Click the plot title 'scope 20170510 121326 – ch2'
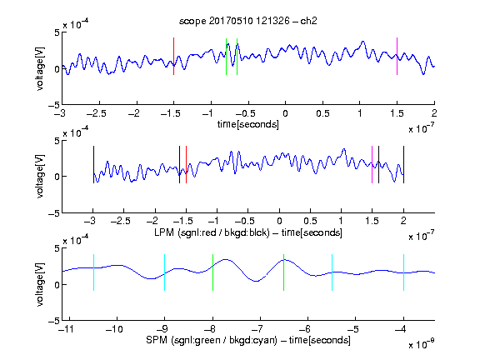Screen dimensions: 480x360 pos(248,21)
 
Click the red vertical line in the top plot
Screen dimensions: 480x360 pos(173,57)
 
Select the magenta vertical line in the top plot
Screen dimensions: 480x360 pos(397,57)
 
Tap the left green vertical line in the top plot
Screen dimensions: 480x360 pos(226,57)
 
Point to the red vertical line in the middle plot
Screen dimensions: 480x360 pos(186,165)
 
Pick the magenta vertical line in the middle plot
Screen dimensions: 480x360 pos(372,165)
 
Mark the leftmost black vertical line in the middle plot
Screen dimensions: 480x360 pos(93,165)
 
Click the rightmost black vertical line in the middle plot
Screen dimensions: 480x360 pos(403,165)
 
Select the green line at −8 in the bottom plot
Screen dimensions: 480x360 pos(212,272)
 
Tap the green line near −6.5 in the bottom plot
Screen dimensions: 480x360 pos(284,272)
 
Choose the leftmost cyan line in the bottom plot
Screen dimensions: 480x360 pos(93,272)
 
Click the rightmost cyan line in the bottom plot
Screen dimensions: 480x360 pos(403,272)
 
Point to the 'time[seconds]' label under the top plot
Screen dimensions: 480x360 pos(248,124)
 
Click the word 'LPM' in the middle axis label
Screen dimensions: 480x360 pos(164,232)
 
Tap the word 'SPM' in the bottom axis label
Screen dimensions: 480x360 pos(157,340)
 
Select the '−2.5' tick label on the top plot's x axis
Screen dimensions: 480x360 pos(97,113)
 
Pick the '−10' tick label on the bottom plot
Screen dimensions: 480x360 pos(114,329)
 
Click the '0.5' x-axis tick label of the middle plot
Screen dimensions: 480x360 pos(310,221)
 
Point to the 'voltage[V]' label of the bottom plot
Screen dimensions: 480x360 pos(40,284)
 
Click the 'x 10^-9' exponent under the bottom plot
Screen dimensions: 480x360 pos(422,344)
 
